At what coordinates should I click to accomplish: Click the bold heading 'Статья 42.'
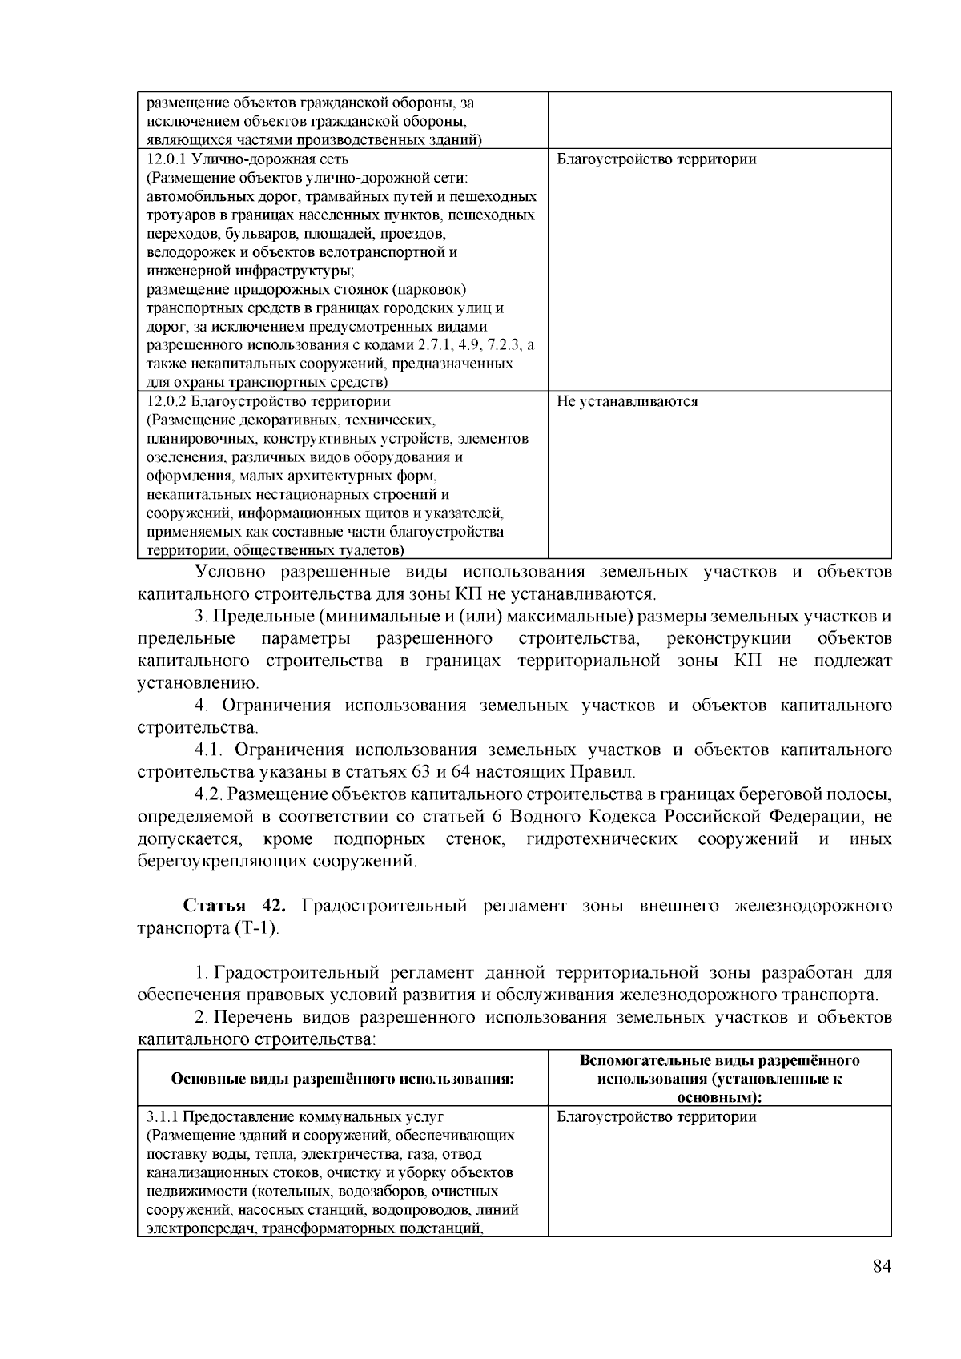[x=234, y=906]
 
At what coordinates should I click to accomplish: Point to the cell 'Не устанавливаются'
[x=626, y=402]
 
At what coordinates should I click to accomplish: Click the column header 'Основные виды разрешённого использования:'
[x=342, y=1079]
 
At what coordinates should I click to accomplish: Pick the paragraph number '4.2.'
[x=210, y=794]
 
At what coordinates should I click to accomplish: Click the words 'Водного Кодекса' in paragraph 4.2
[x=584, y=817]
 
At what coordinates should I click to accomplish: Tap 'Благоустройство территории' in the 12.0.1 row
[x=656, y=159]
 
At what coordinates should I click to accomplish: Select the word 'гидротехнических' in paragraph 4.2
[x=601, y=839]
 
